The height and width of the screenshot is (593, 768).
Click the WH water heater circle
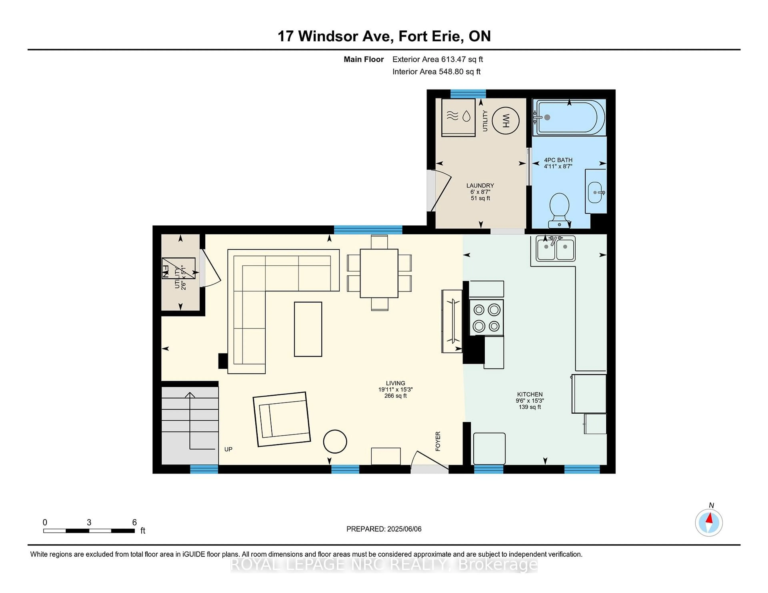[x=506, y=120]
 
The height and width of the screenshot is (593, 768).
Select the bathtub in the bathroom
[x=569, y=117]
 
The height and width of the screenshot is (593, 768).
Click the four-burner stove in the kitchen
[x=487, y=317]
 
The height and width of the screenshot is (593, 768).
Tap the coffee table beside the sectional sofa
[x=308, y=329]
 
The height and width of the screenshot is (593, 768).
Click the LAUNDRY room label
[x=480, y=185]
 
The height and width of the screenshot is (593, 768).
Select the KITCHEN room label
[x=530, y=394]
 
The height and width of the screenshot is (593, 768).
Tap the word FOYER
[x=438, y=441]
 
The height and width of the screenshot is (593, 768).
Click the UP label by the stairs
[x=228, y=449]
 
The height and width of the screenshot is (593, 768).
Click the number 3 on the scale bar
[x=89, y=522]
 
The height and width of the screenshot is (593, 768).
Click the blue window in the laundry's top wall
[x=468, y=94]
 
